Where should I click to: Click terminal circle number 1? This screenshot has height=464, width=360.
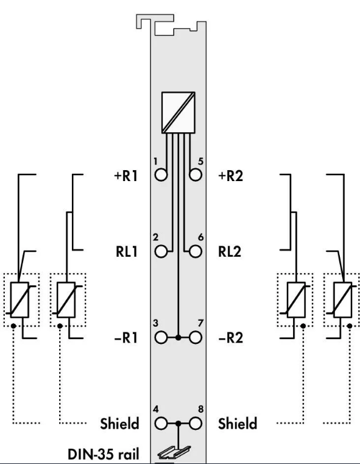(161, 174)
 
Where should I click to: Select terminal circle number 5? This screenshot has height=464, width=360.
(196, 174)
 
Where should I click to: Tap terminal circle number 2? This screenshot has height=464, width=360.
(161, 252)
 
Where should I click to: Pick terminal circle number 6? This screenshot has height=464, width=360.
(196, 252)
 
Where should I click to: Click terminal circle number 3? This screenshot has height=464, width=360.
(161, 337)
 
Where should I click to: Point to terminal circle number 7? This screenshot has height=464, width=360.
(196, 337)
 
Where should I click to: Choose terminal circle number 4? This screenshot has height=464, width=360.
(161, 424)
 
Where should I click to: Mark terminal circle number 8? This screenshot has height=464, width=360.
(196, 424)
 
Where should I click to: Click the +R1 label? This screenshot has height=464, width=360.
(125, 176)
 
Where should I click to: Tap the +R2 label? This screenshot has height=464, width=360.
(230, 176)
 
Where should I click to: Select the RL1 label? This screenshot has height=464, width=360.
(127, 252)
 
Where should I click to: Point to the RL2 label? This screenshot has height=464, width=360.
(230, 252)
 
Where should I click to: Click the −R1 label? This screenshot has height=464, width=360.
(126, 338)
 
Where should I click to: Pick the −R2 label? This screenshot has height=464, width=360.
(230, 338)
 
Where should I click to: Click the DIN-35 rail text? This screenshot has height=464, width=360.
(103, 454)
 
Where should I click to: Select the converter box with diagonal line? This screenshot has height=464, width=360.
(178, 112)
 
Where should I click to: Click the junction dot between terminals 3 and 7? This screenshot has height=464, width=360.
(178, 337)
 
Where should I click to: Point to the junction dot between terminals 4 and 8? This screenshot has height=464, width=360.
(178, 424)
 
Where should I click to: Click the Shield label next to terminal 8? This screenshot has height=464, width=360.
(238, 424)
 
